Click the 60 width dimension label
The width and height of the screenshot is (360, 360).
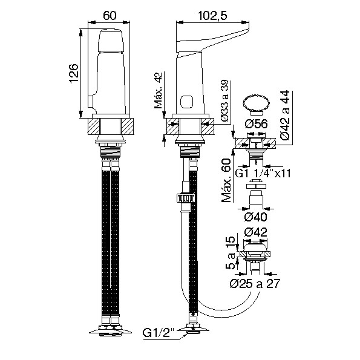tap(110, 15)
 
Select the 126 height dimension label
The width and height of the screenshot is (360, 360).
tap(74, 73)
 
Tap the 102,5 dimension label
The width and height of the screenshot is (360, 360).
tap(212, 16)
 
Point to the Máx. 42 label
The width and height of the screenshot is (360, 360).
tap(158, 90)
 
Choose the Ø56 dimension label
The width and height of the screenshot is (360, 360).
tap(256, 124)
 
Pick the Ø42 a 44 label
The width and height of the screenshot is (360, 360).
tap(286, 115)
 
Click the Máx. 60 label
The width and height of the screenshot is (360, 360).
tap(226, 180)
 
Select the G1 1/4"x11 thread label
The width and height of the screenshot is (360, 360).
tap(263, 173)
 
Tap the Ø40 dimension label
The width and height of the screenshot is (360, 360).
tap(255, 217)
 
